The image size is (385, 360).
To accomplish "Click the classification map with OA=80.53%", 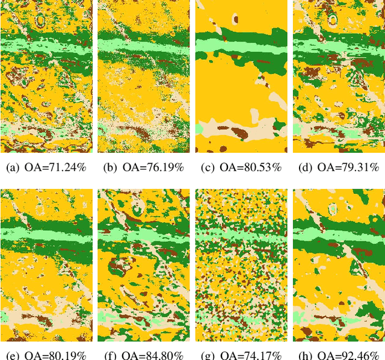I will (x=242, y=76).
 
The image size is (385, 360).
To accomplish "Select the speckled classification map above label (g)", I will (x=242, y=264).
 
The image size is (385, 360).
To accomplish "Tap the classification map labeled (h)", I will (x=339, y=264).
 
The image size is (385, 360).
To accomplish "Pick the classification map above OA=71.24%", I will (x=46, y=76).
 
